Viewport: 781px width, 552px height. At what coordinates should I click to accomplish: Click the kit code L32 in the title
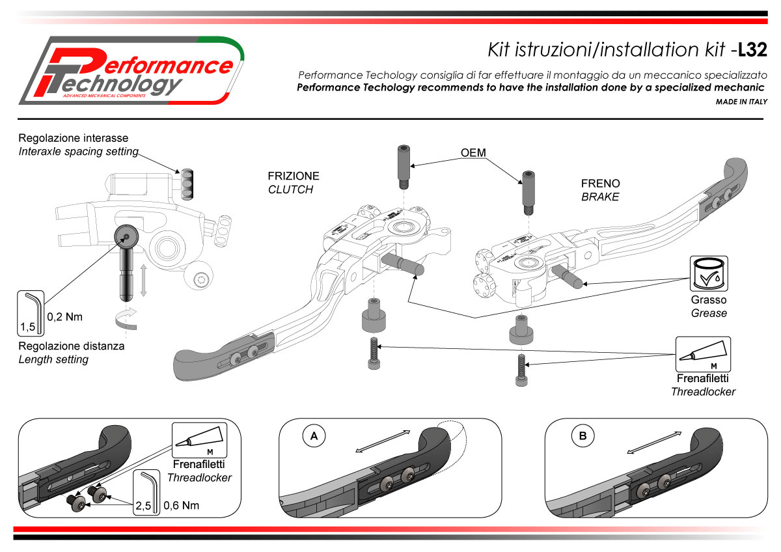[x=755, y=50]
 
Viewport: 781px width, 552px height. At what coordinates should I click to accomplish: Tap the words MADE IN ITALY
[x=741, y=102]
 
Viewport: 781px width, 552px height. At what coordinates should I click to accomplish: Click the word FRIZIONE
[x=294, y=176]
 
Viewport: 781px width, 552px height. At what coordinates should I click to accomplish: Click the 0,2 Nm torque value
[x=65, y=318]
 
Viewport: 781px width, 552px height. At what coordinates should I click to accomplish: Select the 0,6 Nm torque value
[x=182, y=505]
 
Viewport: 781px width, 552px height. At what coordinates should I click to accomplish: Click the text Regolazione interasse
[x=73, y=139]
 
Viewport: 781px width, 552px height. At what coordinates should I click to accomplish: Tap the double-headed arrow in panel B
[x=651, y=443]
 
